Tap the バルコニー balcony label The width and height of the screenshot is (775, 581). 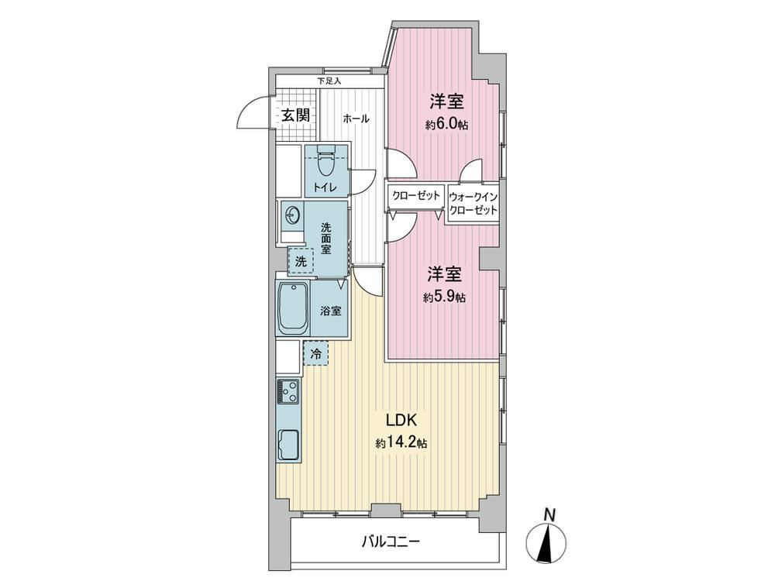pyautogui.click(x=391, y=542)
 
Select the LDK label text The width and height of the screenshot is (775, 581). pyautogui.click(x=401, y=421)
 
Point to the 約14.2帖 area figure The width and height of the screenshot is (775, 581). pyautogui.click(x=401, y=443)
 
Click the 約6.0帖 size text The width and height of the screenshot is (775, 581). pyautogui.click(x=447, y=125)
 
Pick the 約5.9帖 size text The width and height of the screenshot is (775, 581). pyautogui.click(x=444, y=297)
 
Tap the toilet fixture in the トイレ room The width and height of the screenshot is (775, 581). pyautogui.click(x=325, y=160)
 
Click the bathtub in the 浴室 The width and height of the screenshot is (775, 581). pyautogui.click(x=293, y=309)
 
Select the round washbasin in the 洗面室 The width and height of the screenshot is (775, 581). pyautogui.click(x=292, y=215)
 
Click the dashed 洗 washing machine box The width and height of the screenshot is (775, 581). pyautogui.click(x=301, y=261)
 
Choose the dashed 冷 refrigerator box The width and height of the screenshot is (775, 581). pyautogui.click(x=315, y=353)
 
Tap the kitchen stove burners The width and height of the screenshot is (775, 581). pyautogui.click(x=288, y=390)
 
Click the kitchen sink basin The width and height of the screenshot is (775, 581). pyautogui.click(x=288, y=445)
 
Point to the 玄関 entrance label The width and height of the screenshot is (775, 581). pyautogui.click(x=296, y=115)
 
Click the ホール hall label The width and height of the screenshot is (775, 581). pyautogui.click(x=356, y=119)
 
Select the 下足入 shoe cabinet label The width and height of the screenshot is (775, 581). pyautogui.click(x=329, y=81)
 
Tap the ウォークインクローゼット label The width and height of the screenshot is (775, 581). pyautogui.click(x=473, y=204)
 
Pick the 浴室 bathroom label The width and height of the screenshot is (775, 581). pyautogui.click(x=331, y=311)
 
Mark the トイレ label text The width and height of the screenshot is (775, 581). pyautogui.click(x=325, y=187)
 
